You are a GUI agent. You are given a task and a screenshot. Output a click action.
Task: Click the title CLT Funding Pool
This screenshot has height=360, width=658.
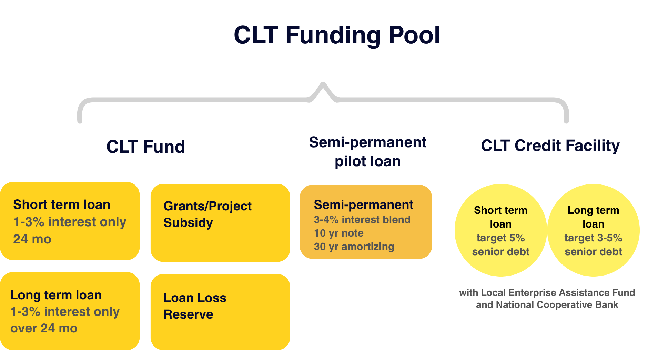coord(337,35)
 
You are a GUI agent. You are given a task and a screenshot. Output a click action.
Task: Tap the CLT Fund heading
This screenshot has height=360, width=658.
coord(145,147)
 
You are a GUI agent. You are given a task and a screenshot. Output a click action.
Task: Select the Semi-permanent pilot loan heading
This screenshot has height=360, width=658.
coord(367,152)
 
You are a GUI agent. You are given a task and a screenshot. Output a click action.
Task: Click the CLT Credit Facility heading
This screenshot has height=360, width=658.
coord(550,146)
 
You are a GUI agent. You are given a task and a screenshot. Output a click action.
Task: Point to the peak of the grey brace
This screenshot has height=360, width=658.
coord(323,83)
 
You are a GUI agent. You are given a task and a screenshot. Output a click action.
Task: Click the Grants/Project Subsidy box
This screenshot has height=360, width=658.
coord(220,223)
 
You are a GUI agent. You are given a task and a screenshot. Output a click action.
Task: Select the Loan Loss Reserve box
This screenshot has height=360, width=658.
coord(220,312)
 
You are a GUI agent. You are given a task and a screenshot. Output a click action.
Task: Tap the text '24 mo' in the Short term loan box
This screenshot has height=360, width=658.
coord(32,239)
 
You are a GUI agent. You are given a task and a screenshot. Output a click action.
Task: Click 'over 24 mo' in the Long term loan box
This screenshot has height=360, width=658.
coord(44,328)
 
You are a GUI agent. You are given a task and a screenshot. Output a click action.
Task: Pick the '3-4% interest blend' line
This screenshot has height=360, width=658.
coord(362,220)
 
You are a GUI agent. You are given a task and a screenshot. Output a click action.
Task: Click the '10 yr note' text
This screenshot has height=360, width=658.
coord(338,233)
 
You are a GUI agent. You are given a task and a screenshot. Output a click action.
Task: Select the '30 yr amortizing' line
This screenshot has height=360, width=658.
coord(354,247)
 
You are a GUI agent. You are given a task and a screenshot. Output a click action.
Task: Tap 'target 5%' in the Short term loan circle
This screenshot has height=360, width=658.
coord(500,238)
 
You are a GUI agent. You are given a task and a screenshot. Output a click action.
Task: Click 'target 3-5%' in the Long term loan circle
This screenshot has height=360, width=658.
coord(593,238)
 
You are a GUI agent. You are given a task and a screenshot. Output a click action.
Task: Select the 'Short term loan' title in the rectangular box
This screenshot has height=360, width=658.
coord(62,204)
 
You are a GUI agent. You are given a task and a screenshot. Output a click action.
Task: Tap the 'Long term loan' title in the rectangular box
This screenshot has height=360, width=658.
coord(56,295)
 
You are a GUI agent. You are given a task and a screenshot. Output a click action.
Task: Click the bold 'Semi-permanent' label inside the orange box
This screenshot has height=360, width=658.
coord(364,205)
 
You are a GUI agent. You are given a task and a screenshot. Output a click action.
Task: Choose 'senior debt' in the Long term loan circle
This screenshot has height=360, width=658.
coord(593,252)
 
